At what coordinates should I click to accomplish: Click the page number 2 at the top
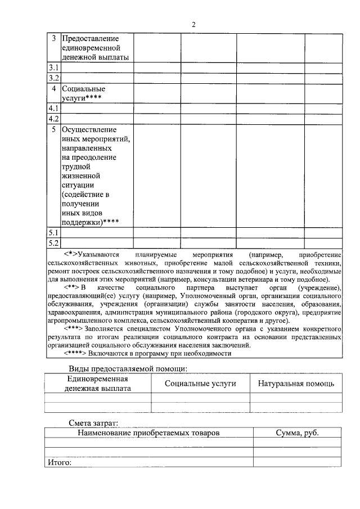coord(193,24)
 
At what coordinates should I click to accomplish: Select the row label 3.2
coord(53,78)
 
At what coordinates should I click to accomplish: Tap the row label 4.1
coord(53,108)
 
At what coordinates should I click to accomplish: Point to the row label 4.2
coord(53,119)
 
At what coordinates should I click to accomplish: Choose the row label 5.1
coord(53,232)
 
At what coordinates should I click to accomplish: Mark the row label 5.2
coord(53,243)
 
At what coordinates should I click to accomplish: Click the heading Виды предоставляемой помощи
coord(128,368)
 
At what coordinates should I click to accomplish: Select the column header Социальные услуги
coord(200,383)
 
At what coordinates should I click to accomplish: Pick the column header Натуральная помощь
coord(296,383)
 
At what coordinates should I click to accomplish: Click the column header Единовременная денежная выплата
coord(97,383)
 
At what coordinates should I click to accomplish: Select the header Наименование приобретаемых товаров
coord(148,433)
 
